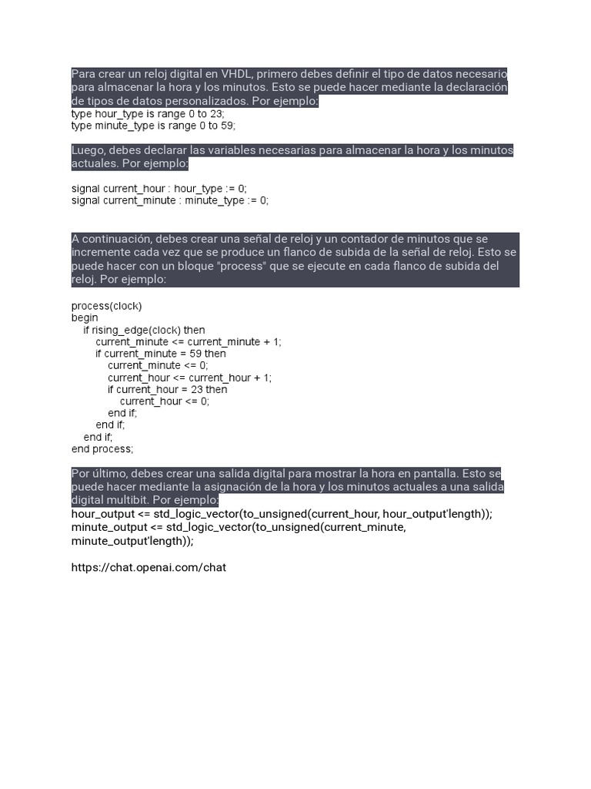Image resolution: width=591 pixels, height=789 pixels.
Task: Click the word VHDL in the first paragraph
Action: [220, 74]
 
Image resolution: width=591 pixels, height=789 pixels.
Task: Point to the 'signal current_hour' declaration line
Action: [159, 188]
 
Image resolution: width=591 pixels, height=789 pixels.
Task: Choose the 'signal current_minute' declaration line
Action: [170, 200]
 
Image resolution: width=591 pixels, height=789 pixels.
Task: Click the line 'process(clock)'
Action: [106, 306]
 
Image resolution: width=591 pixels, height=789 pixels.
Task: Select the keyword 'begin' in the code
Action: [85, 317]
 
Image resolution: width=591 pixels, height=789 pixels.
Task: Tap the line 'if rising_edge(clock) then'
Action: [145, 330]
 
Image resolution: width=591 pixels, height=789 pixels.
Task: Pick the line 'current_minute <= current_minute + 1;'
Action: [189, 341]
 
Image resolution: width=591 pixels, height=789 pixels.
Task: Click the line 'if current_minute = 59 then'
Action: [161, 354]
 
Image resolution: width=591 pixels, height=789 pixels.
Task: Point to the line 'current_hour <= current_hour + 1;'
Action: [189, 378]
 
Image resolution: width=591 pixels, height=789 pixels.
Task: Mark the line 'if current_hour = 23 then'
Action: [167, 389]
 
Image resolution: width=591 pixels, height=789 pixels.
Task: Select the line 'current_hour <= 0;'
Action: [164, 401]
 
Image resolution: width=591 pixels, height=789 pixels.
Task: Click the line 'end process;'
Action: [102, 449]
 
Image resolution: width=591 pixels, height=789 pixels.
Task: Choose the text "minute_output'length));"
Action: [132, 541]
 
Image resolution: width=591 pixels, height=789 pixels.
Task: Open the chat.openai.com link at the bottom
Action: [149, 568]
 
